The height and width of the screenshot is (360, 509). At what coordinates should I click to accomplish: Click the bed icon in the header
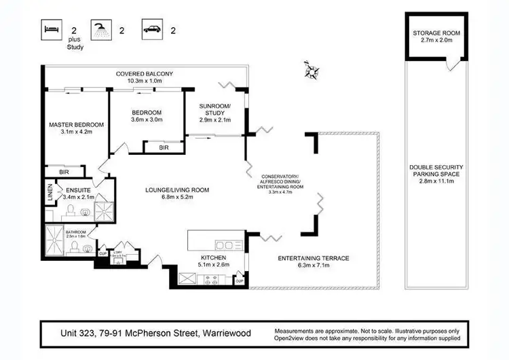coord(52,29)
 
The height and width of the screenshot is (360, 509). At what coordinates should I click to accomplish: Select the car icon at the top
coord(151,29)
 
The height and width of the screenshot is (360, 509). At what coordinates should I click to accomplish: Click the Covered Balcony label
coord(144,73)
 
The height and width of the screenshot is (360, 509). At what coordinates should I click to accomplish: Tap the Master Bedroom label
coord(76,125)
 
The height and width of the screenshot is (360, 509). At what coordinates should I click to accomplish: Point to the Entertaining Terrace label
coord(314,258)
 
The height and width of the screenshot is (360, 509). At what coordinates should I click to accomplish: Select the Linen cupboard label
coord(50,191)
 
